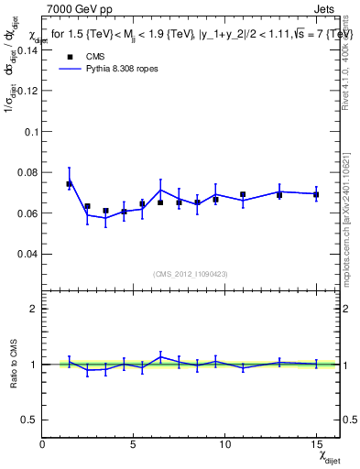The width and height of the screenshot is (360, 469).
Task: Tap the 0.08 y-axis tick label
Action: coord(27,172)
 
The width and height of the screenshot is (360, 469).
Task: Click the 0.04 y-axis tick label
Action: coord(27,254)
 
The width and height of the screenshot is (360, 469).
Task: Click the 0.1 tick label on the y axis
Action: coord(30,132)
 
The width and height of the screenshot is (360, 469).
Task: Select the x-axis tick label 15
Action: coord(316,444)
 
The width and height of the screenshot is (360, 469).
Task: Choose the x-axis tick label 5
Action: coord(134,444)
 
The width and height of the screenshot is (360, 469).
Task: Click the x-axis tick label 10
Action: coord(224,444)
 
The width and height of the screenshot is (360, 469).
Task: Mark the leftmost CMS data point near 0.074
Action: coord(69,184)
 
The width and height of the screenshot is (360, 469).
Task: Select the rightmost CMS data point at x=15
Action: coord(316,194)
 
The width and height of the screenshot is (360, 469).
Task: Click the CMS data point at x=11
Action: coord(243,194)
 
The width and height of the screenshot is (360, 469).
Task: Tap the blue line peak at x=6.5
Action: coord(160,191)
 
